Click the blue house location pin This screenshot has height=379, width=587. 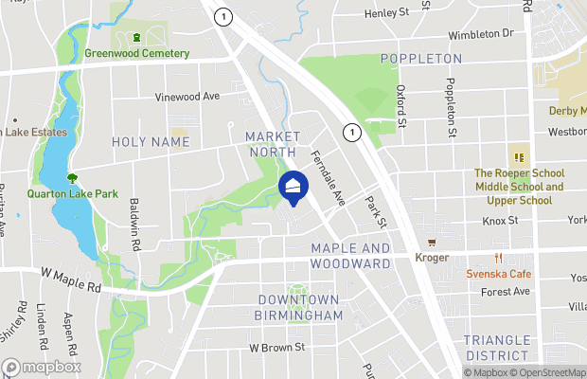point(293,188)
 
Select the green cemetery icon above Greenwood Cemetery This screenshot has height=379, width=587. point(137,38)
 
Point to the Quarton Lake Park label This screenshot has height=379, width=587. point(72,194)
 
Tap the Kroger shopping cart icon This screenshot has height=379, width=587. point(432,243)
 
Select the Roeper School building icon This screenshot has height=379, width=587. point(519,157)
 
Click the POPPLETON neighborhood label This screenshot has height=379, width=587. point(421,59)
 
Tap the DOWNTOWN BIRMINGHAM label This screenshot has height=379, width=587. point(299,307)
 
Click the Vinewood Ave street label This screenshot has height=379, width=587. point(188,97)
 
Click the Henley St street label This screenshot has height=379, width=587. point(391,12)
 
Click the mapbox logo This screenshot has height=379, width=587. point(42,367)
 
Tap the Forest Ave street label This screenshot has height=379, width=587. point(504,292)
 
